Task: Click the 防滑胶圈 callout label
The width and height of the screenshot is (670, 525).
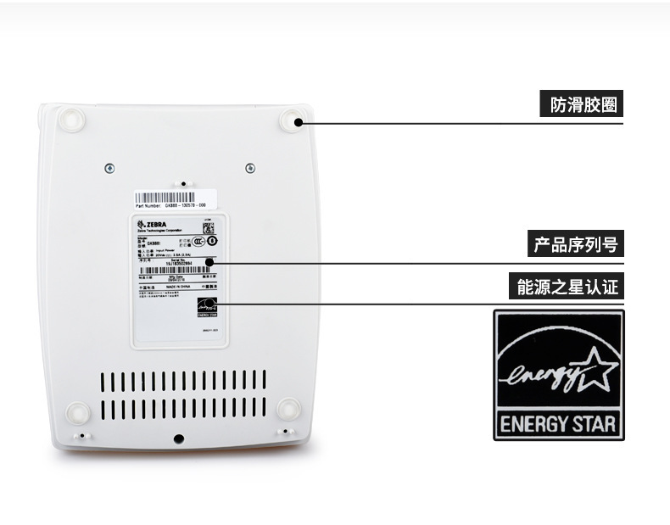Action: point(581,105)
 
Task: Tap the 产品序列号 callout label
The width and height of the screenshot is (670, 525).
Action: point(574,245)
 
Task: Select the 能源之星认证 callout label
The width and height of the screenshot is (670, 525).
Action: point(568,287)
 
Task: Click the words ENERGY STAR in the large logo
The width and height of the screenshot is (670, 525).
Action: point(559,422)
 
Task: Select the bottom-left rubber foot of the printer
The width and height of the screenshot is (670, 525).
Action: point(78,412)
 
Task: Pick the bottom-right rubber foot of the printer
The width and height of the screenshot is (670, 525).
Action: point(288,409)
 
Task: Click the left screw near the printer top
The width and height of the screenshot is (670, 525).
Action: point(109,168)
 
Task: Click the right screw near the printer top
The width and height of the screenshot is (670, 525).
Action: point(249,167)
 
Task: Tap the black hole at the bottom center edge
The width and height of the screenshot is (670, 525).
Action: point(178,438)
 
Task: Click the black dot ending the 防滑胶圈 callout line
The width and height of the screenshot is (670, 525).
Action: point(299,123)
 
